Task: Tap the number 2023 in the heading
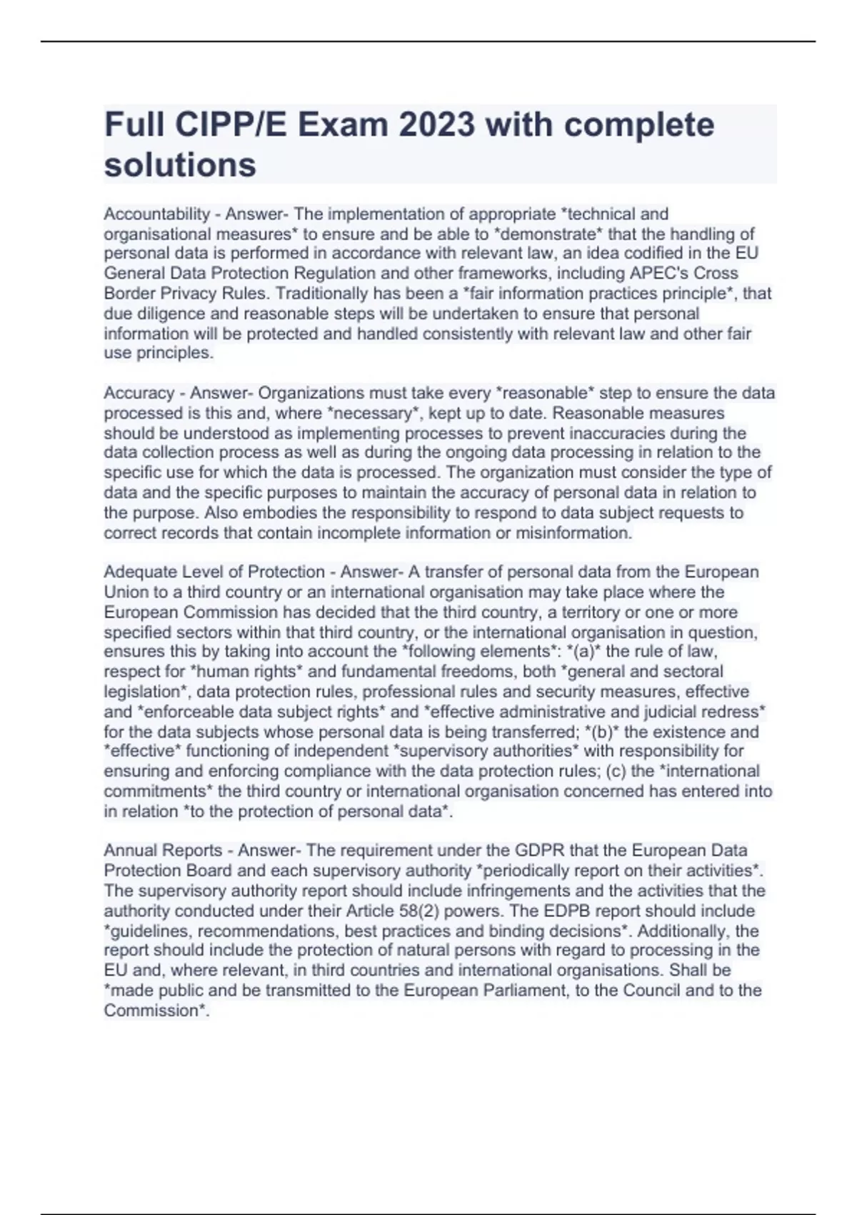pyautogui.click(x=436, y=125)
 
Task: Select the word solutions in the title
pyautogui.click(x=180, y=165)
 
